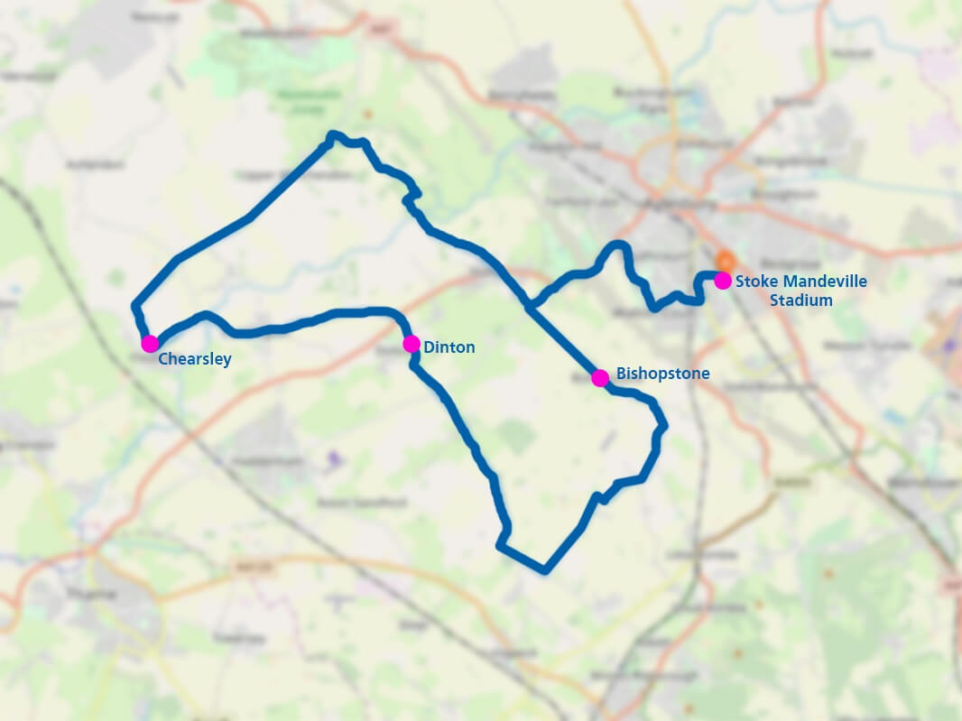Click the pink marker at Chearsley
[150, 343]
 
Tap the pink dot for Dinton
[411, 344]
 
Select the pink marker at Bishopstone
[600, 378]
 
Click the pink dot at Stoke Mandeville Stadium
[723, 281]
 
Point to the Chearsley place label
[195, 359]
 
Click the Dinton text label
[449, 347]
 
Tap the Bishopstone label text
[663, 374]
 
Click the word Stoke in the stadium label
[754, 282]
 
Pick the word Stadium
[801, 300]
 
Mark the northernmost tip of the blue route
[332, 134]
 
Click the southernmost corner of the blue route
[543, 570]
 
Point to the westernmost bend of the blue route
[135, 306]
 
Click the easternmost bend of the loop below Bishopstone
[664, 427]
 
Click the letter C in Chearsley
[163, 359]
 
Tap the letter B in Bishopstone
[622, 374]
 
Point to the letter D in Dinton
[428, 347]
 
